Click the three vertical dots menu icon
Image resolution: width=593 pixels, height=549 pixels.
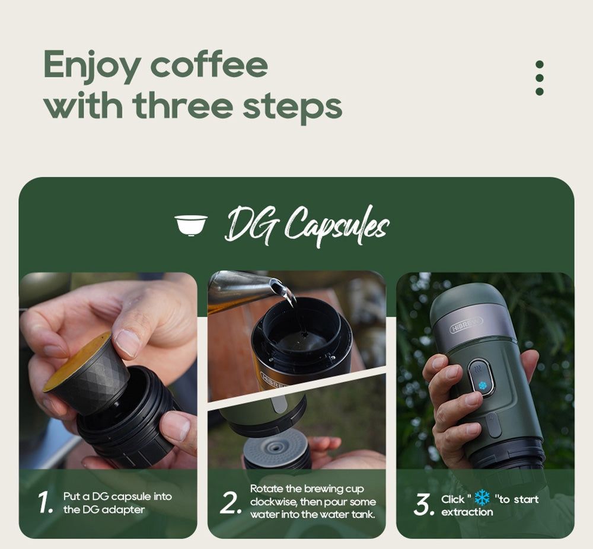point(539,78)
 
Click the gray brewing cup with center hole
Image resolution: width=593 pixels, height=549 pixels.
point(278,447)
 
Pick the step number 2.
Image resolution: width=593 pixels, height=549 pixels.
point(229,503)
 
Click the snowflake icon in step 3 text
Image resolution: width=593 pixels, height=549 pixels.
point(482,497)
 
